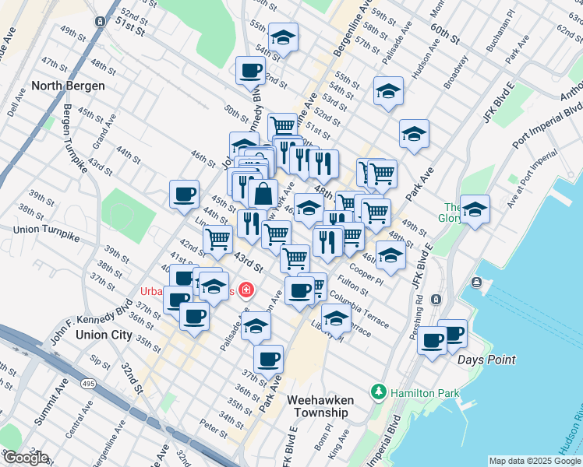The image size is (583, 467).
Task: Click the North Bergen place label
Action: click(69, 86)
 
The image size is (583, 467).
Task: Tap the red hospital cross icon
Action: click(247, 290)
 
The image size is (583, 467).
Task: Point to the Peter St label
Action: click(213, 426)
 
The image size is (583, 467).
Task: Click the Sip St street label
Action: click(100, 362)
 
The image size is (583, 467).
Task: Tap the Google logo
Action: click(26, 458)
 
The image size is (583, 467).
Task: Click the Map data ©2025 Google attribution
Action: click(534, 461)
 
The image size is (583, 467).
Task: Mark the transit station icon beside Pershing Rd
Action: click(436, 299)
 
